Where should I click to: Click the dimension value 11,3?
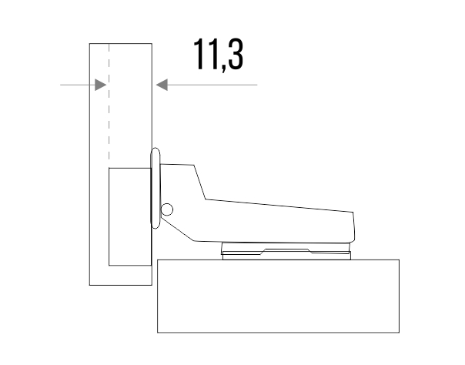click(x=219, y=55)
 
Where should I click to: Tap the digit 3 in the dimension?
click(x=236, y=54)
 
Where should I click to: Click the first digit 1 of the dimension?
click(x=198, y=54)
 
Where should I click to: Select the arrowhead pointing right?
click(x=101, y=85)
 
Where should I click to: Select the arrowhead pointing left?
click(x=162, y=85)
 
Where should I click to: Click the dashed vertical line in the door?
click(x=109, y=105)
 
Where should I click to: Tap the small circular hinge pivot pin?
click(x=167, y=209)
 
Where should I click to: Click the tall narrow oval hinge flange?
click(x=156, y=189)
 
